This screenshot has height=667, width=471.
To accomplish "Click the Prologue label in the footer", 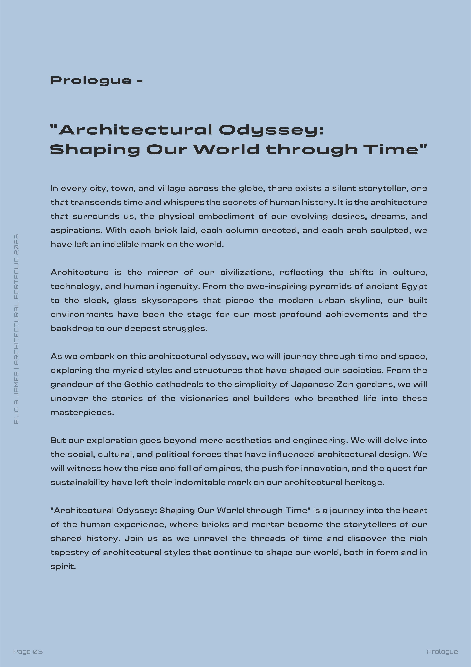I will tap(442, 652).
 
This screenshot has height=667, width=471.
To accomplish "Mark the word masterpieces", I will tap(82, 412).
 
